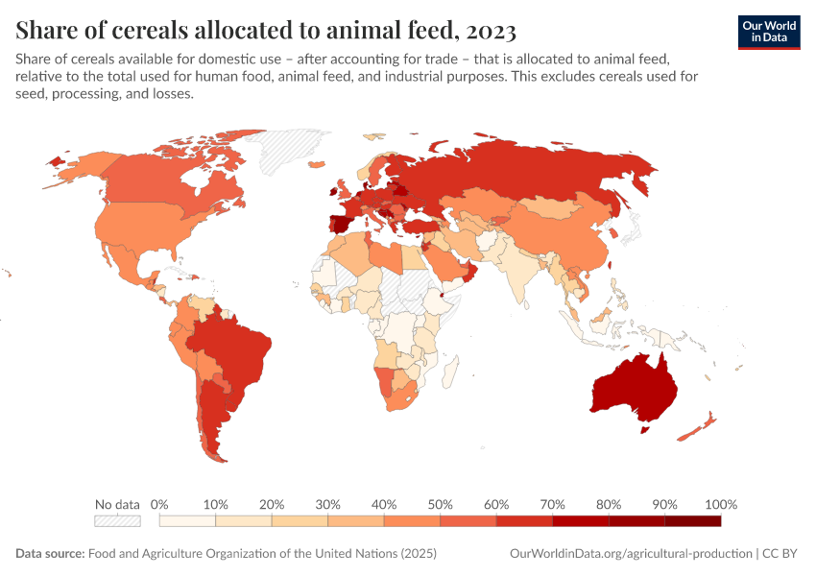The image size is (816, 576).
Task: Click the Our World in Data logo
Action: [x=768, y=32]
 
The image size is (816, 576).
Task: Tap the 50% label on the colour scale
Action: [x=441, y=504]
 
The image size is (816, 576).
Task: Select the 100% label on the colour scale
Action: [x=720, y=504]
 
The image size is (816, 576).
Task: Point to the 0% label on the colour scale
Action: [x=159, y=504]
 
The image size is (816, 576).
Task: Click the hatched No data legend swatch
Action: [x=117, y=521]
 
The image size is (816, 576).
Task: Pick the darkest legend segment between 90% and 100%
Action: [x=692, y=521]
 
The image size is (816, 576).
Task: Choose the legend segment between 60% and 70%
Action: [x=524, y=521]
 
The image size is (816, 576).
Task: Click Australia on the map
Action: [x=634, y=389]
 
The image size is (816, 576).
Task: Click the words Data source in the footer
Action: [x=50, y=554]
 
